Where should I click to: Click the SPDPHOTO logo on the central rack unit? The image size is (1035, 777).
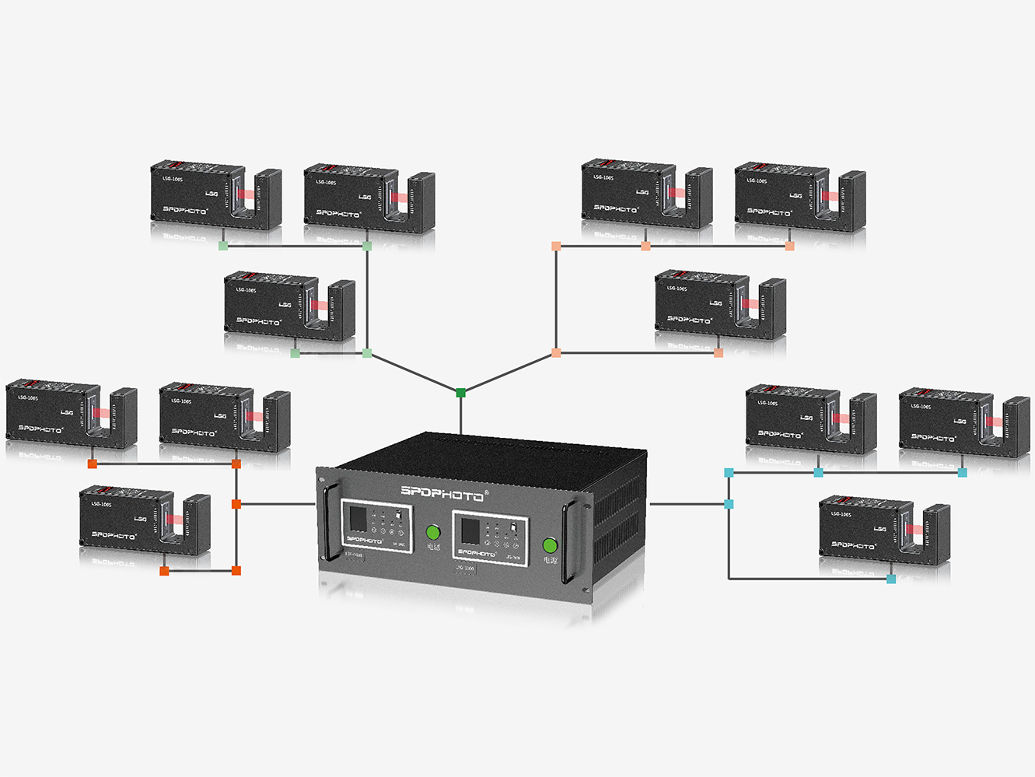click(442, 492)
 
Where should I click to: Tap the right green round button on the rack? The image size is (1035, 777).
click(550, 545)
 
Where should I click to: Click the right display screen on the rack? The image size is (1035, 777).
click(470, 531)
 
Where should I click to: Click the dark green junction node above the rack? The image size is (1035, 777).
click(460, 393)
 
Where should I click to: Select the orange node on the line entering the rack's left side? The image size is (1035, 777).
click(236, 504)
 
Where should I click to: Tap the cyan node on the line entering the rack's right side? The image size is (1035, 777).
click(729, 504)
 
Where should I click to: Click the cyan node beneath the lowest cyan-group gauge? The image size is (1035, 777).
click(891, 579)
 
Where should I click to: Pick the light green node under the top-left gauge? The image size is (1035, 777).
click(223, 246)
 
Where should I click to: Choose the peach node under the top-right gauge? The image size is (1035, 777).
click(789, 246)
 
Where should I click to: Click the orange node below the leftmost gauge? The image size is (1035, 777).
click(92, 464)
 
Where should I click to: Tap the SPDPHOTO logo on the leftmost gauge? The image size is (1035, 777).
click(40, 429)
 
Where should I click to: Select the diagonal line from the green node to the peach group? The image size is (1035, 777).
click(509, 373)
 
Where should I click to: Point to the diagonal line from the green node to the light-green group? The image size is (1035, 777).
click(413, 373)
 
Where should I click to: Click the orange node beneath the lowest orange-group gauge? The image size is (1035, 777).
click(164, 571)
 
